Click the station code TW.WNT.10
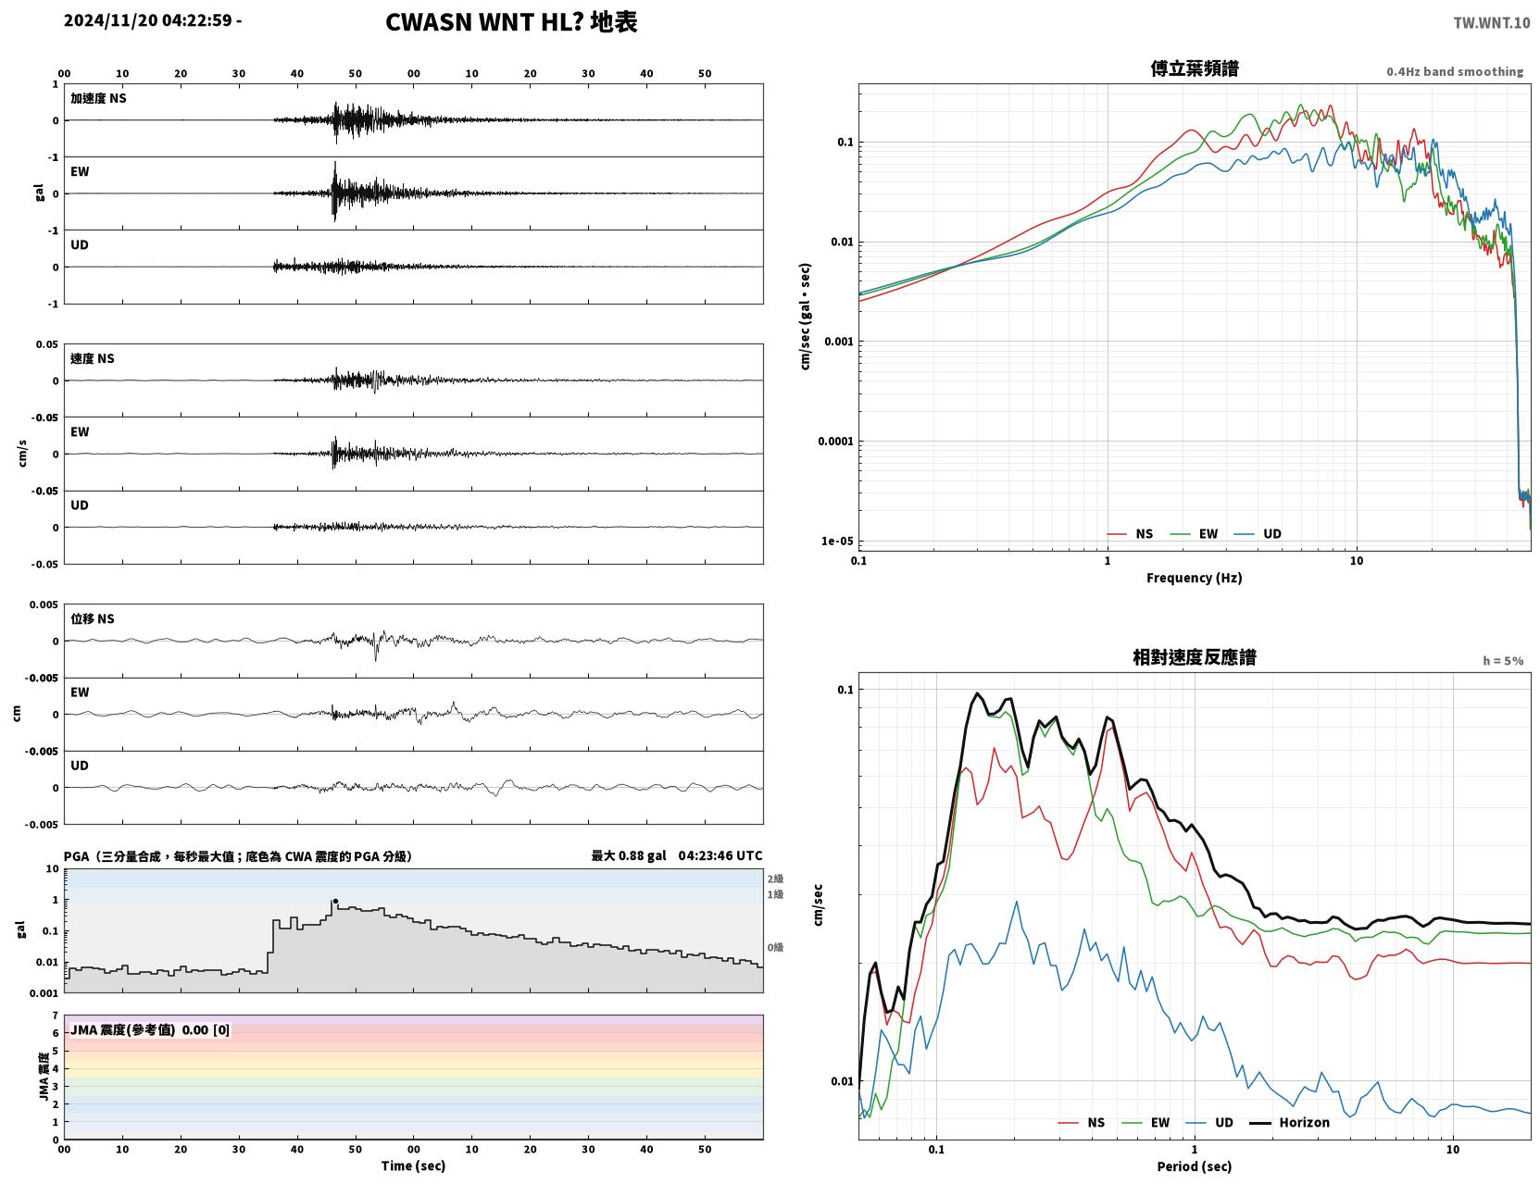pyautogui.click(x=1491, y=22)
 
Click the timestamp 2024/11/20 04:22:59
pyautogui.click(x=147, y=20)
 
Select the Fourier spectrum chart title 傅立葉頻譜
pyautogui.click(x=1194, y=69)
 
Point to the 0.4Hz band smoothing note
pyautogui.click(x=1454, y=71)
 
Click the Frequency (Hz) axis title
pyautogui.click(x=1194, y=578)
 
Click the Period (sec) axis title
pyautogui.click(x=1194, y=1165)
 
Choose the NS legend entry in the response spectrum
pyautogui.click(x=1082, y=1122)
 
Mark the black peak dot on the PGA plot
pyautogui.click(x=335, y=902)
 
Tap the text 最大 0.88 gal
pyautogui.click(x=629, y=855)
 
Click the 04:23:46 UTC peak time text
pyautogui.click(x=720, y=855)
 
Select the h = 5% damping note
pyautogui.click(x=1502, y=661)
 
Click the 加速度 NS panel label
pyautogui.click(x=98, y=98)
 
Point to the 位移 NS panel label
pyautogui.click(x=92, y=619)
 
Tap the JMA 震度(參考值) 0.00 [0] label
pyautogui.click(x=149, y=1029)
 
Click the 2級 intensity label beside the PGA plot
pyautogui.click(x=774, y=879)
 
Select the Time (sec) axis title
pyautogui.click(x=413, y=1165)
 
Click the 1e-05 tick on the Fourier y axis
pyautogui.click(x=837, y=542)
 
